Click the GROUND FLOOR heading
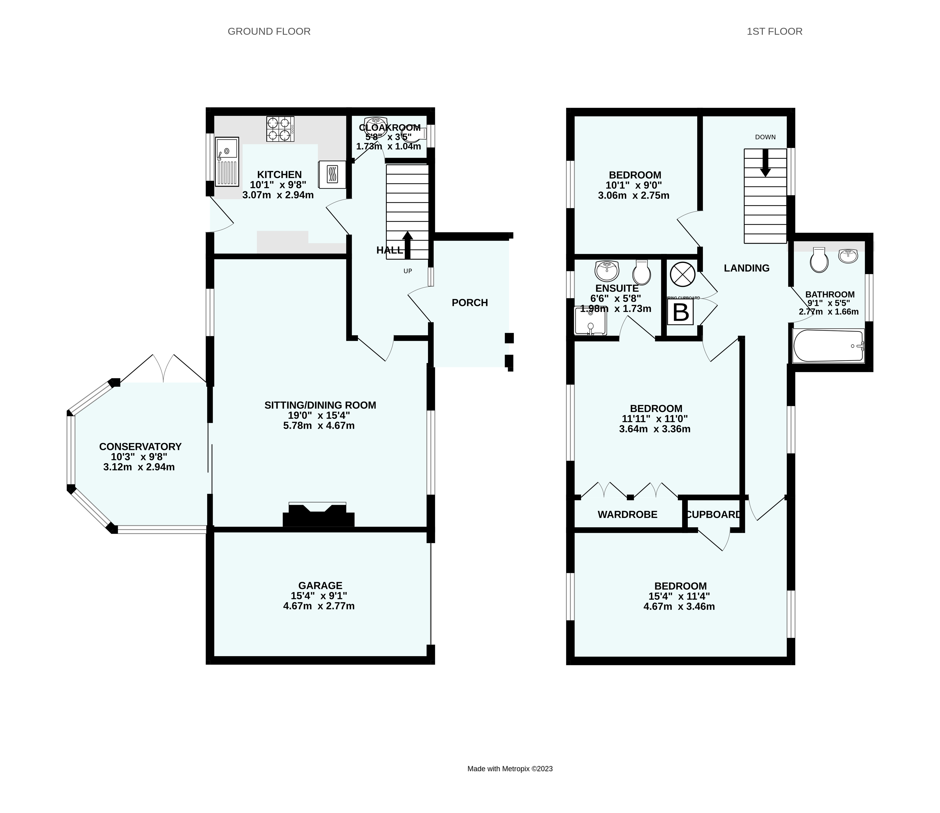click(269, 31)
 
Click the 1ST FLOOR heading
click(775, 31)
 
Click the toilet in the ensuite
click(641, 272)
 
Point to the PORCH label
click(470, 303)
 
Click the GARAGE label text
click(320, 586)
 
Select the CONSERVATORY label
click(140, 447)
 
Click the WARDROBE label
click(627, 514)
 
